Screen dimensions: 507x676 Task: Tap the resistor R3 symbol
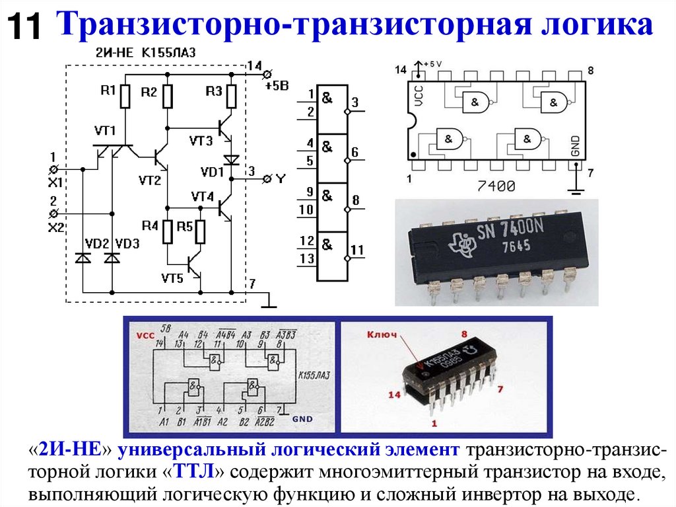pyautogui.click(x=231, y=97)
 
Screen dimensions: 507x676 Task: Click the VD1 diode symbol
pyautogui.click(x=231, y=159)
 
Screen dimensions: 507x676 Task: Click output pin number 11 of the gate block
pyautogui.click(x=357, y=250)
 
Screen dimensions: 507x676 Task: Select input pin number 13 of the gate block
pyautogui.click(x=306, y=259)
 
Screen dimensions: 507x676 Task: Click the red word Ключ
pyautogui.click(x=383, y=335)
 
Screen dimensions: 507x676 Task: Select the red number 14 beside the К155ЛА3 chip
pyautogui.click(x=394, y=395)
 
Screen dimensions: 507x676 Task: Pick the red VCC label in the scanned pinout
pyautogui.click(x=145, y=335)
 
